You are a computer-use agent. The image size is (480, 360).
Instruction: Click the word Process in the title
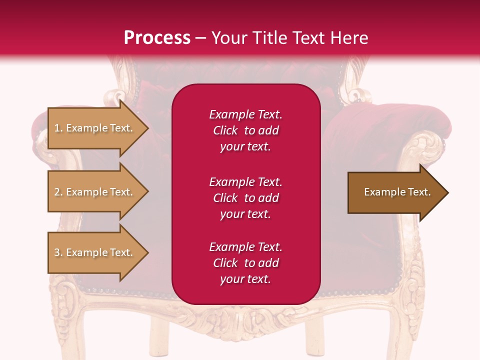(157, 38)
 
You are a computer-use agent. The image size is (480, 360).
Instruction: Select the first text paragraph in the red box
(245, 130)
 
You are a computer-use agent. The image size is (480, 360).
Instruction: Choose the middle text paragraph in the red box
(245, 198)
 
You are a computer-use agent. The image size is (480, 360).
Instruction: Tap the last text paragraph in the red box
(245, 263)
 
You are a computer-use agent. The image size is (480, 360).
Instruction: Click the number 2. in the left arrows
(58, 192)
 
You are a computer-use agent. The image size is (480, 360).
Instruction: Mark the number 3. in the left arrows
(58, 252)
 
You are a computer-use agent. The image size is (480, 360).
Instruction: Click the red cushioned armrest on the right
(400, 122)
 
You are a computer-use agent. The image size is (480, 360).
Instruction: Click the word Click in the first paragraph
(225, 130)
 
